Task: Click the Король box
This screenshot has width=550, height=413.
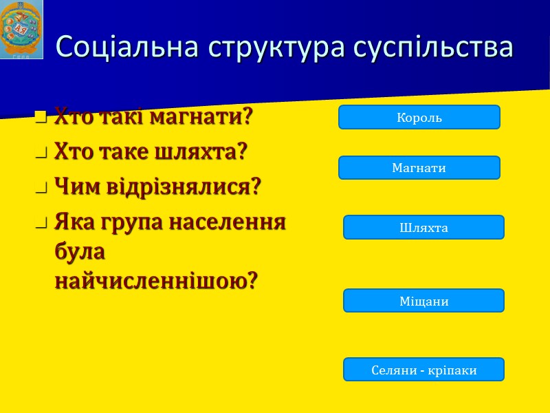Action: click(x=419, y=117)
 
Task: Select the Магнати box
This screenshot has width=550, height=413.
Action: click(x=419, y=168)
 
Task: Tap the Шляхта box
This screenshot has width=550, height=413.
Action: click(x=423, y=227)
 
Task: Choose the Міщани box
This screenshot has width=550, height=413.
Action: click(x=423, y=301)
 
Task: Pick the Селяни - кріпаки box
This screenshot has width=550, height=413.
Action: click(x=423, y=370)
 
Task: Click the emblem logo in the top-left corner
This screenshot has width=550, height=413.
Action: click(x=22, y=30)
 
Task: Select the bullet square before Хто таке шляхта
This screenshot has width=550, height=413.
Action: click(x=41, y=152)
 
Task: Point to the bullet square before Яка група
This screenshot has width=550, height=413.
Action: click(x=41, y=224)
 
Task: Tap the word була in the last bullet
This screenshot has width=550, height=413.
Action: click(x=80, y=251)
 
